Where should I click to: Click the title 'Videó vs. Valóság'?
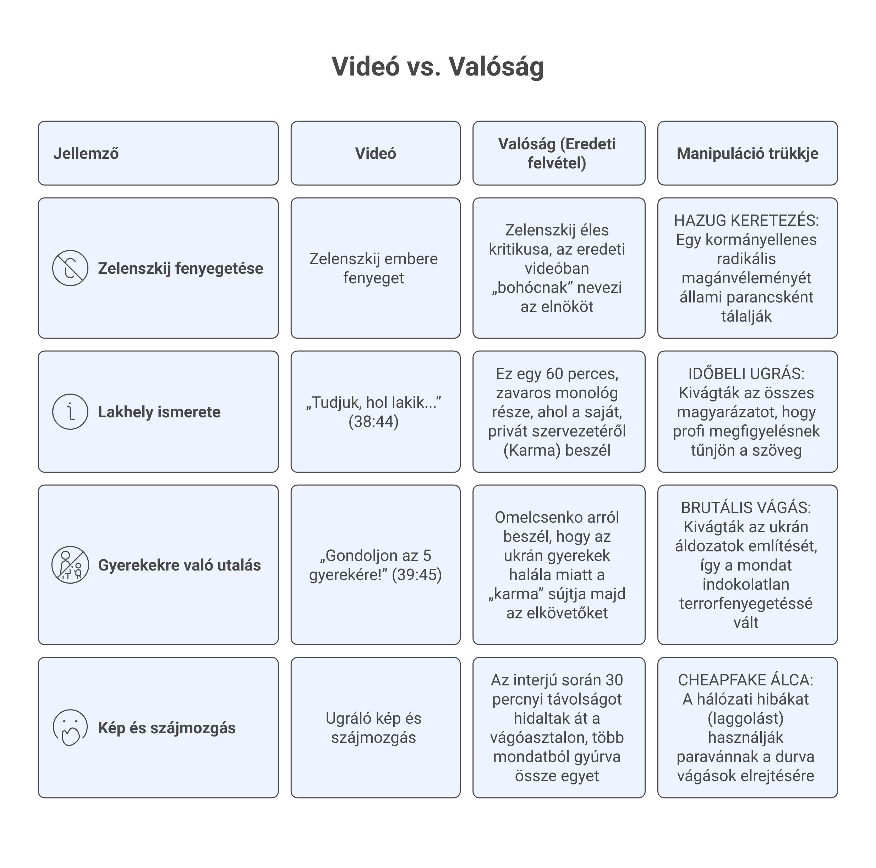point(438,67)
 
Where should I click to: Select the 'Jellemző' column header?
point(86,154)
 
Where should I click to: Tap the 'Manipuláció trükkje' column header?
point(747,154)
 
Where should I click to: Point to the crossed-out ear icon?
point(70,268)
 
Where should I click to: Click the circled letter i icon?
point(70,412)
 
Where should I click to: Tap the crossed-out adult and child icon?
point(70,565)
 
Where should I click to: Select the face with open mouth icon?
point(70,728)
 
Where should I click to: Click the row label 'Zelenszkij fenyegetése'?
point(180,268)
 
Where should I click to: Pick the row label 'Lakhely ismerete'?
point(159,412)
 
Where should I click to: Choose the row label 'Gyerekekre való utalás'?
point(180,565)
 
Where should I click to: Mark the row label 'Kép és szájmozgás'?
point(167,728)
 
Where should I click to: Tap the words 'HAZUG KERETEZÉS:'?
point(746,221)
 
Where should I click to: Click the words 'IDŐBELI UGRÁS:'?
point(746,374)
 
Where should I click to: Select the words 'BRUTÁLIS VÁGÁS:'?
point(746,508)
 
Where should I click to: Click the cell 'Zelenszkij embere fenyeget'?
point(374,268)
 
